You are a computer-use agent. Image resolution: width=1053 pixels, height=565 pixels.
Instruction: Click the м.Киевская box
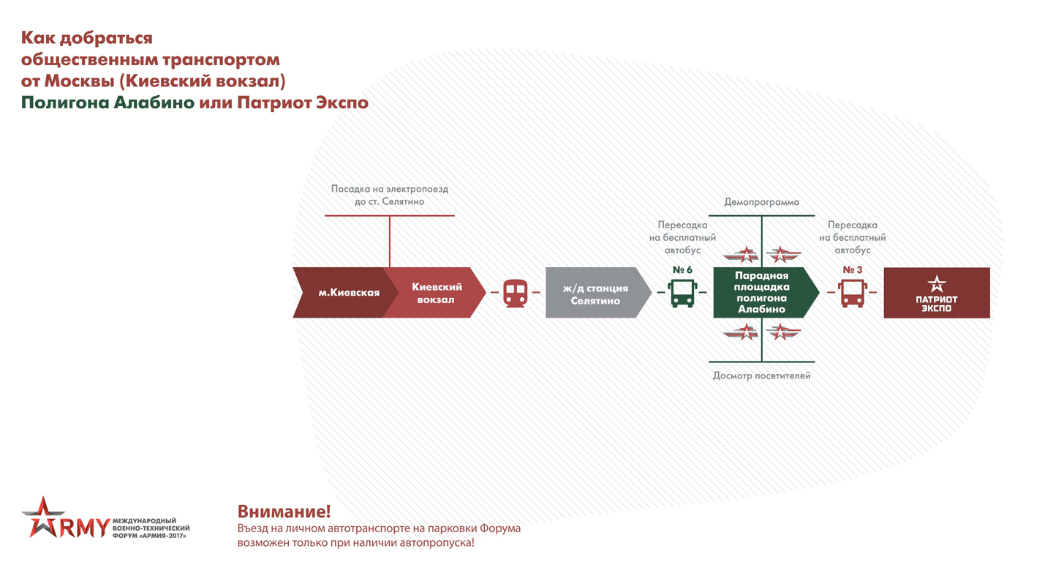point(344,293)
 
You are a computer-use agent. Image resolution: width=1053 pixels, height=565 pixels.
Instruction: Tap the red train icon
point(516,292)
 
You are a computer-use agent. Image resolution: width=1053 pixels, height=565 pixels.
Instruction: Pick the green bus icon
point(682,292)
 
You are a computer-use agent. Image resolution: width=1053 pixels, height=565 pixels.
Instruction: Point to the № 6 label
point(682,270)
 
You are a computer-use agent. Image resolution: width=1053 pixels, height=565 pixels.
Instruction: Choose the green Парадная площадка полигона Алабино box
point(761,293)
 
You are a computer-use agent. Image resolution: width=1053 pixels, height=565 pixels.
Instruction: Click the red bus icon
point(853,292)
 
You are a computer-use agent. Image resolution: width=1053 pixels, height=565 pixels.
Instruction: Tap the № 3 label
point(853,270)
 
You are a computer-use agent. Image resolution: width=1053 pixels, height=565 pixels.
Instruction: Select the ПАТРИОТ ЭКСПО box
point(937,293)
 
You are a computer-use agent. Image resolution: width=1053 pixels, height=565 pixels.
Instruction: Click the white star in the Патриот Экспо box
point(937,283)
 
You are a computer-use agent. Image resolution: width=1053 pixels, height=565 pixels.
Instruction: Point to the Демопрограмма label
point(761,202)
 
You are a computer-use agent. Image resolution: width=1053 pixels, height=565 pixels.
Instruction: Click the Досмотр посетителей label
point(761,376)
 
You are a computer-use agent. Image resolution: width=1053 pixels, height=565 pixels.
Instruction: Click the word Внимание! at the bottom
point(284,512)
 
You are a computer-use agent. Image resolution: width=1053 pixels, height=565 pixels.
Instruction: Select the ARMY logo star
point(42,516)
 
